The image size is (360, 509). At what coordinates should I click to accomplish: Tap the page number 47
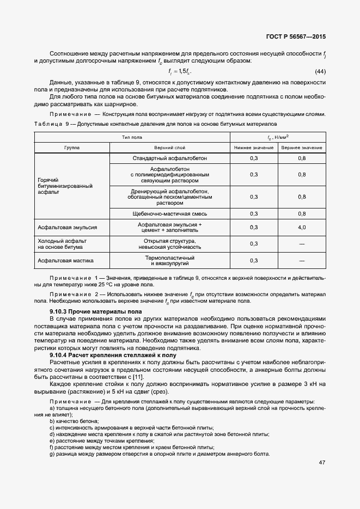click(x=322, y=463)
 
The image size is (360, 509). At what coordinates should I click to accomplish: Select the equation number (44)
click(x=320, y=72)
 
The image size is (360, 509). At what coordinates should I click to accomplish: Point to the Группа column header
click(x=72, y=148)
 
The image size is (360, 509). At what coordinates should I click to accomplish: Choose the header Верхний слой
click(x=170, y=148)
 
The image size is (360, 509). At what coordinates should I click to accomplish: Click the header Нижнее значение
click(x=253, y=148)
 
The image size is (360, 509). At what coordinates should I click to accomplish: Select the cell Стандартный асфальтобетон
click(x=170, y=158)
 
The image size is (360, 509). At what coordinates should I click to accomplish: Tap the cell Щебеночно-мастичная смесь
click(x=170, y=213)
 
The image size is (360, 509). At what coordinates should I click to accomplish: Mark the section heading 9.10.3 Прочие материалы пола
click(x=95, y=311)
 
